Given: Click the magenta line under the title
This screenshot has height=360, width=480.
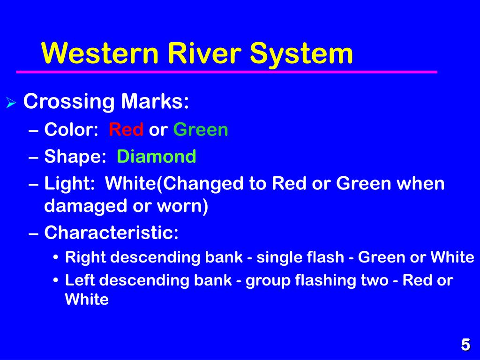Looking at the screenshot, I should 226,72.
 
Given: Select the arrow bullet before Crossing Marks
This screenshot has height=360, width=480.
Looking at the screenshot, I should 11,103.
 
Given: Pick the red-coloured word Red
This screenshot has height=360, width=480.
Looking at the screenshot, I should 126,130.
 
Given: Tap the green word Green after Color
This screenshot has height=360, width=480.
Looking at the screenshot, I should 201,130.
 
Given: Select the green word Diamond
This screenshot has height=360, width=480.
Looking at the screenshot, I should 157,157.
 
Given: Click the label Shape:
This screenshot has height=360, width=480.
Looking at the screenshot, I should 75,157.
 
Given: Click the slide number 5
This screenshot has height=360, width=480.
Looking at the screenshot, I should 465,345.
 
